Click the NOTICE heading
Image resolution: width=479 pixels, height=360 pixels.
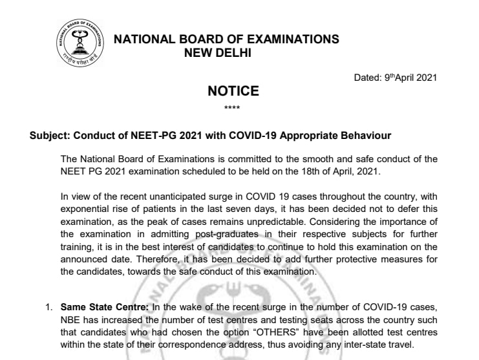click(233, 91)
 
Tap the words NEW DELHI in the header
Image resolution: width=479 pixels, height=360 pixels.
click(218, 52)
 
